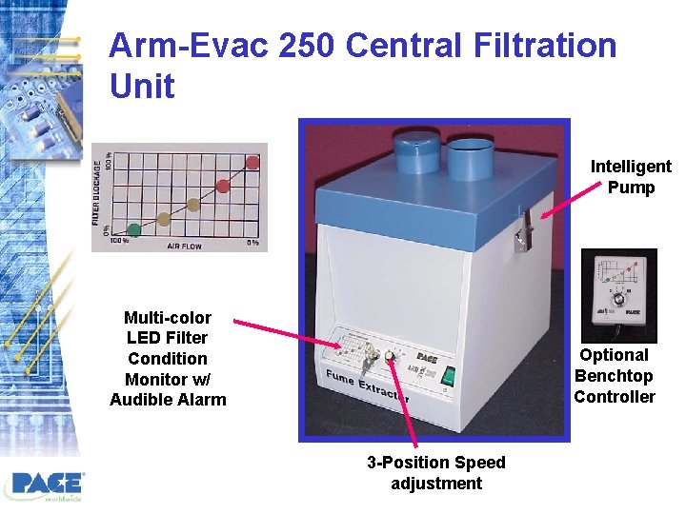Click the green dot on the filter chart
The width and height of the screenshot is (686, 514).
[134, 229]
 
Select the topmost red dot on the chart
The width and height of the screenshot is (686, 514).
[252, 163]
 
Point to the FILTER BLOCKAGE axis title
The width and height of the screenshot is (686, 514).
[98, 194]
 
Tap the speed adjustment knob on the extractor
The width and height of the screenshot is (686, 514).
[390, 358]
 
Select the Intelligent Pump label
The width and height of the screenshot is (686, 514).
[631, 177]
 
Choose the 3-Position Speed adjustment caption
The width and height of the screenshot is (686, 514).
[436, 473]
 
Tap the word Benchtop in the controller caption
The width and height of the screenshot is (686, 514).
[614, 376]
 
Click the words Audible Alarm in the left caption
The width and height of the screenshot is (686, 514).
[168, 400]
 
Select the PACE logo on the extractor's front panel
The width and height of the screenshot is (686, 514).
[428, 358]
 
